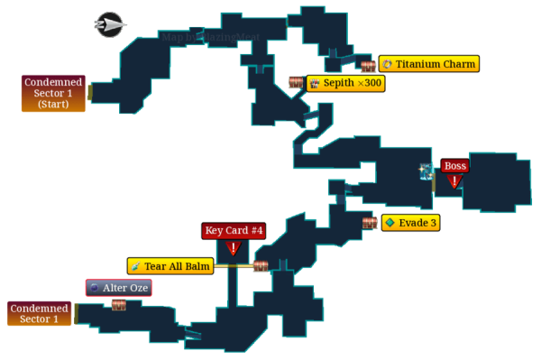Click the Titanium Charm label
coord(428,64)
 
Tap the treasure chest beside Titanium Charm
coord(368,66)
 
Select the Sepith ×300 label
coord(345,83)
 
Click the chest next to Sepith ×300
coord(296,83)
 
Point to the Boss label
coord(454,166)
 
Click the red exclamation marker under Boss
coord(454,181)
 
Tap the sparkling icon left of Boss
coord(426,171)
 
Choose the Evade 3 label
coord(410,223)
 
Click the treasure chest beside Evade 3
coord(370,222)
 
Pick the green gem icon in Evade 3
coord(390,223)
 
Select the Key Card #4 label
coord(234,231)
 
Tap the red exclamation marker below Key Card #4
coord(234,248)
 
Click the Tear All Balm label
coord(170,266)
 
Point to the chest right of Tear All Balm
coord(261,266)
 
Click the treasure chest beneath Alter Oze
coord(119,306)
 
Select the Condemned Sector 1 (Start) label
coord(53,93)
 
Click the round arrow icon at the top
coord(109,24)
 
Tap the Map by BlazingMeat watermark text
coord(211,37)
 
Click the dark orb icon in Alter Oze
coord(94,288)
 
